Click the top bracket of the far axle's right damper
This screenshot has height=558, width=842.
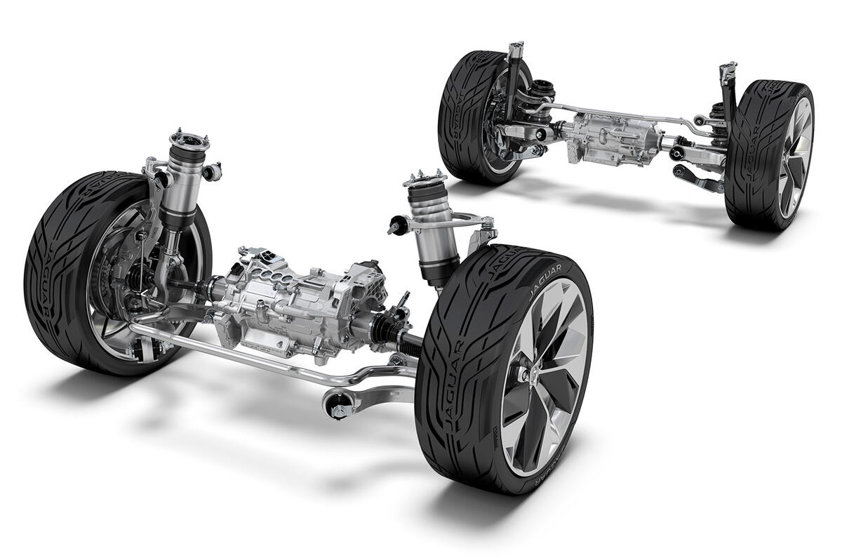click(728, 71)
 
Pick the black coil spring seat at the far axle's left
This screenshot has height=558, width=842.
click(542, 91)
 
